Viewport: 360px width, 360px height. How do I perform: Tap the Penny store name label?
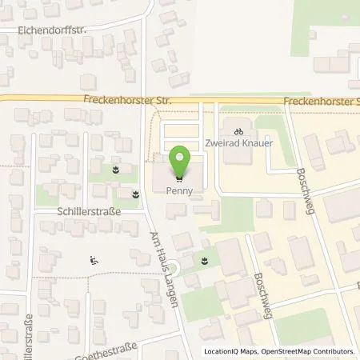click(x=179, y=191)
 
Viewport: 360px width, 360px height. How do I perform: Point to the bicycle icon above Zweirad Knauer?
click(x=237, y=130)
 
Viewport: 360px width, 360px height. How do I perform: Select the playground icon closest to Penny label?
click(x=134, y=193)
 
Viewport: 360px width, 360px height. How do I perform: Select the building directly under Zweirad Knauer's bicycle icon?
click(x=235, y=152)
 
